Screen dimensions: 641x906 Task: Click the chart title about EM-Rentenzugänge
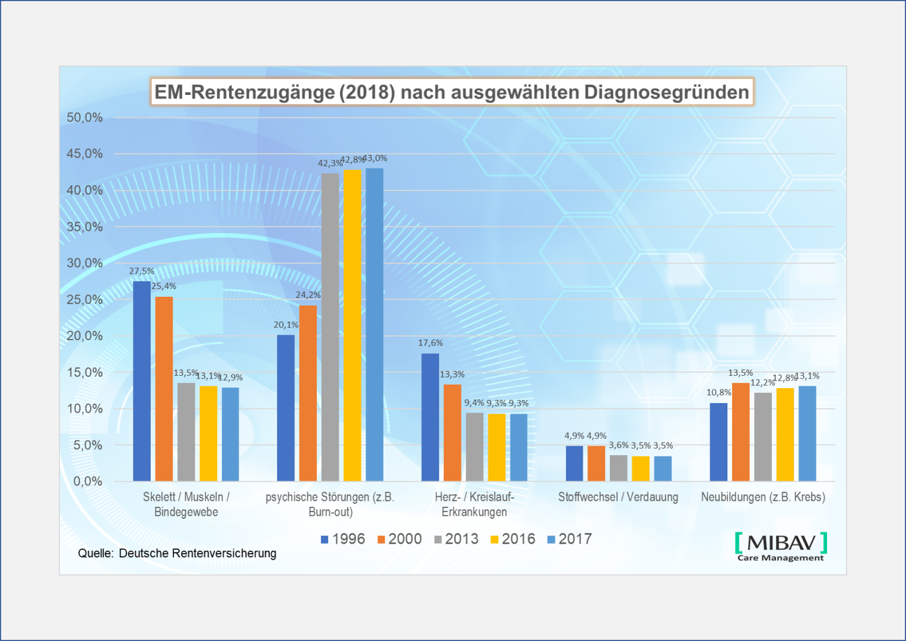[x=452, y=92]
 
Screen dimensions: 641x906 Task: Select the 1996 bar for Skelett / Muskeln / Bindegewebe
[x=142, y=381]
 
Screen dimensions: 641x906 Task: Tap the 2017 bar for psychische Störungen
[x=375, y=325]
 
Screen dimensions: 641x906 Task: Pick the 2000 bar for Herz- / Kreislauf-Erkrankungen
[x=452, y=433]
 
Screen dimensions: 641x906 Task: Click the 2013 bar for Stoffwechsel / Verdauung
[x=619, y=468]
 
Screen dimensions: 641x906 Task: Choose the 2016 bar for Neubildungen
[x=785, y=434]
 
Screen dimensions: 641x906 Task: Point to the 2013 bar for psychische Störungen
[x=330, y=327]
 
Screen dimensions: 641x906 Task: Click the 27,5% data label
[x=141, y=271]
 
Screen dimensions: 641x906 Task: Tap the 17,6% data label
[x=430, y=343]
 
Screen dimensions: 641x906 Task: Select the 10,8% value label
[x=718, y=392]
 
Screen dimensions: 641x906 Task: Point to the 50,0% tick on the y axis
[x=85, y=118]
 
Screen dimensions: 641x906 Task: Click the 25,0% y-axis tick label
[x=85, y=300]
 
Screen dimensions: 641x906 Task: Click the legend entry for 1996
[x=343, y=539]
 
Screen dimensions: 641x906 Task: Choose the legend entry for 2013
[x=457, y=539]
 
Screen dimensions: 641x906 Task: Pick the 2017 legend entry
[x=569, y=539]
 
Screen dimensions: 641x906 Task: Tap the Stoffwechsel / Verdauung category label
[x=618, y=497]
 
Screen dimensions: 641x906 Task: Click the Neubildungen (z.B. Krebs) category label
[x=763, y=497]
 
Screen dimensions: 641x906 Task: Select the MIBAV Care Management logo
[x=781, y=547]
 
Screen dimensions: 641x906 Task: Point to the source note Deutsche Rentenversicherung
[x=178, y=553]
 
